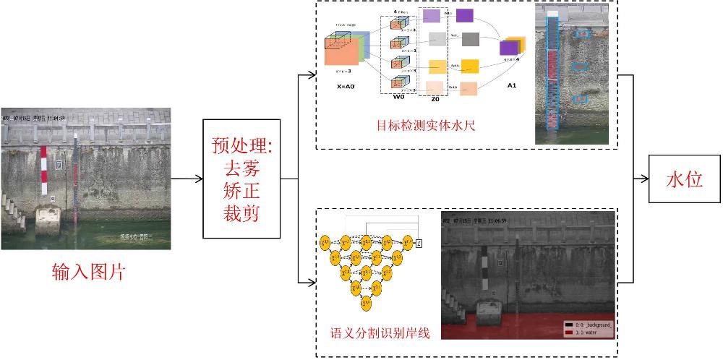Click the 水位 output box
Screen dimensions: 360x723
coord(684,180)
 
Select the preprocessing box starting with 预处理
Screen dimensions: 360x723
coord(241,179)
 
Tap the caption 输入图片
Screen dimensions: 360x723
coord(88,273)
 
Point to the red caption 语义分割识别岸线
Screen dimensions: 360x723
coord(380,333)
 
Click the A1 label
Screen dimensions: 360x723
coord(511,86)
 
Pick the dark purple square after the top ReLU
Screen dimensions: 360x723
coord(465,16)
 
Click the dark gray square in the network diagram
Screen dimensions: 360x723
coord(470,39)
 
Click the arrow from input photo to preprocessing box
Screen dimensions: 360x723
coord(187,179)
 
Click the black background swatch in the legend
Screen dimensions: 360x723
coord(569,325)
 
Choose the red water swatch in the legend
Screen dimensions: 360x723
coord(569,333)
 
